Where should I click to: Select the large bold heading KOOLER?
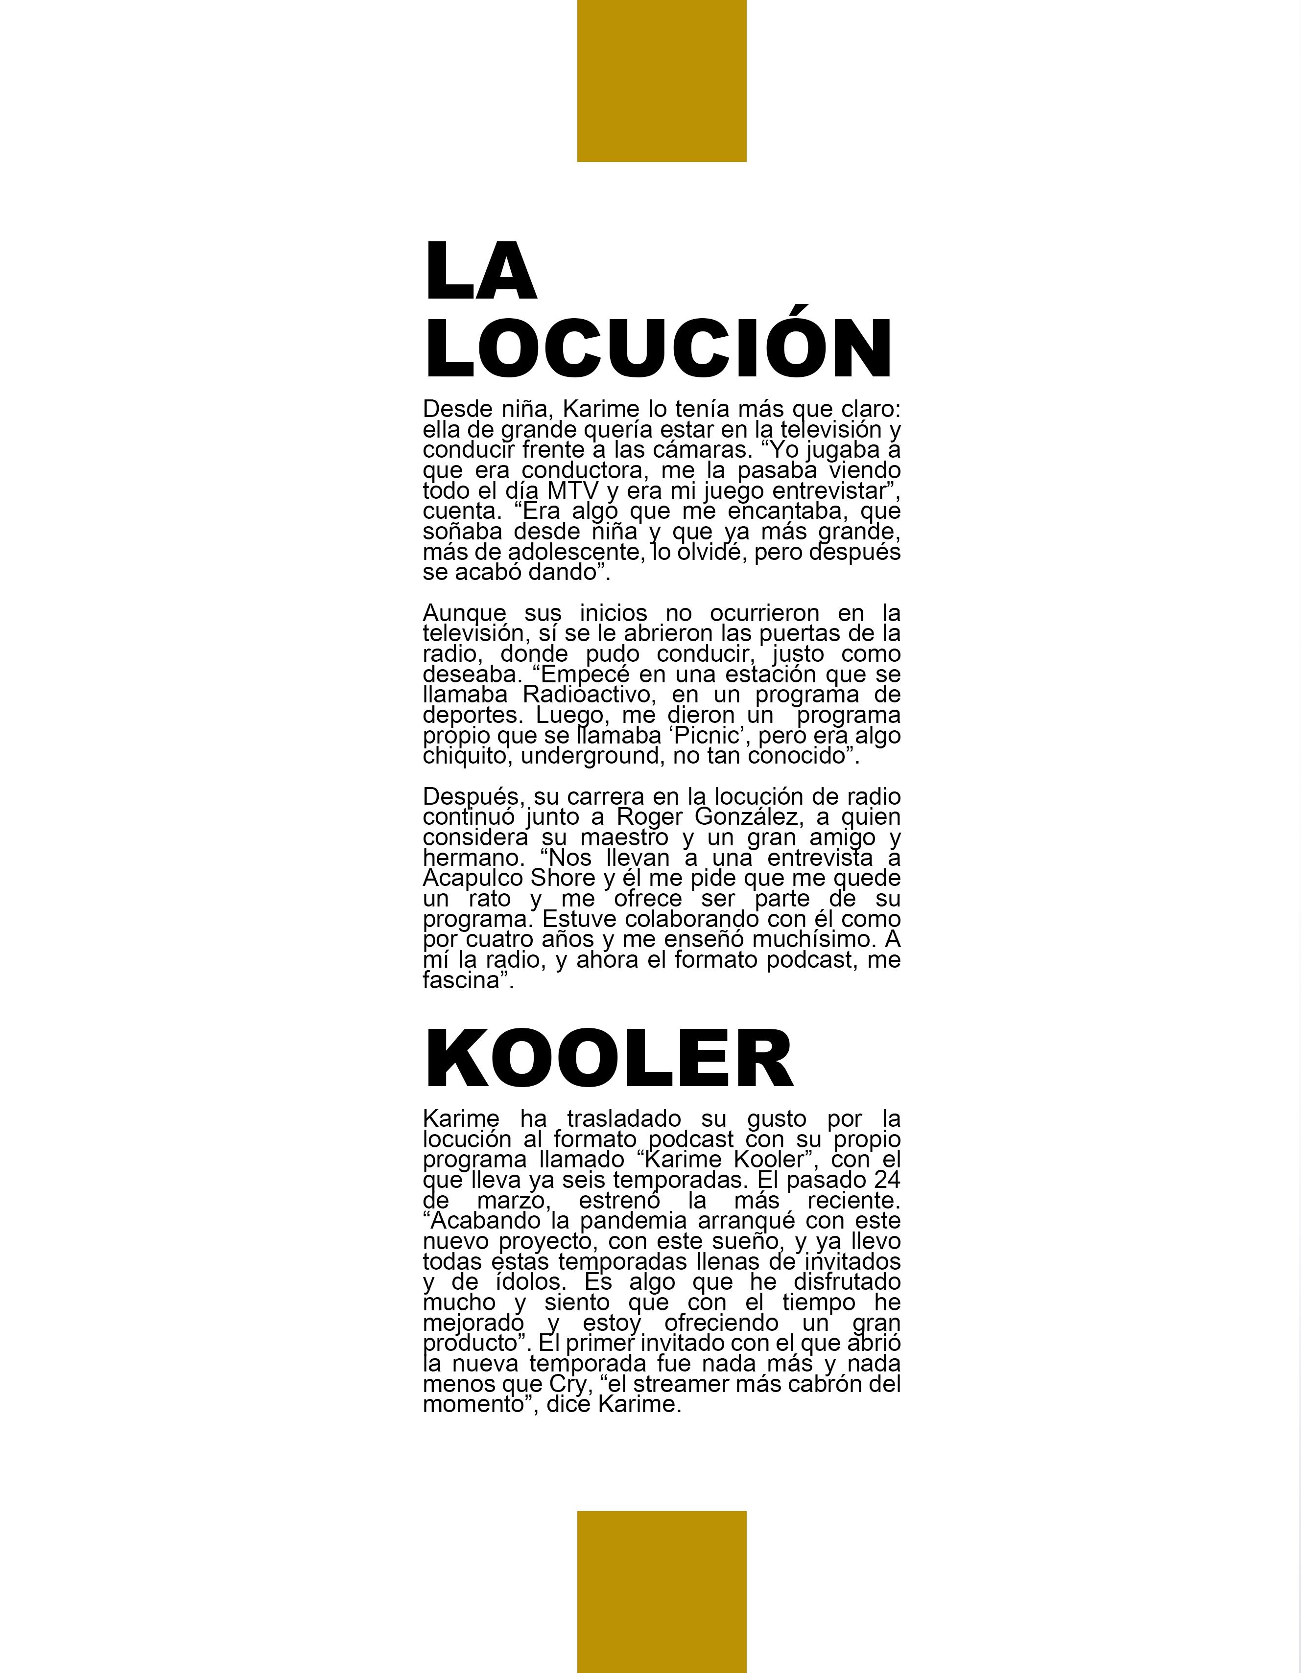609,1059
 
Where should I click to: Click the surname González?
749,817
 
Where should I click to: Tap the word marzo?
513,1200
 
